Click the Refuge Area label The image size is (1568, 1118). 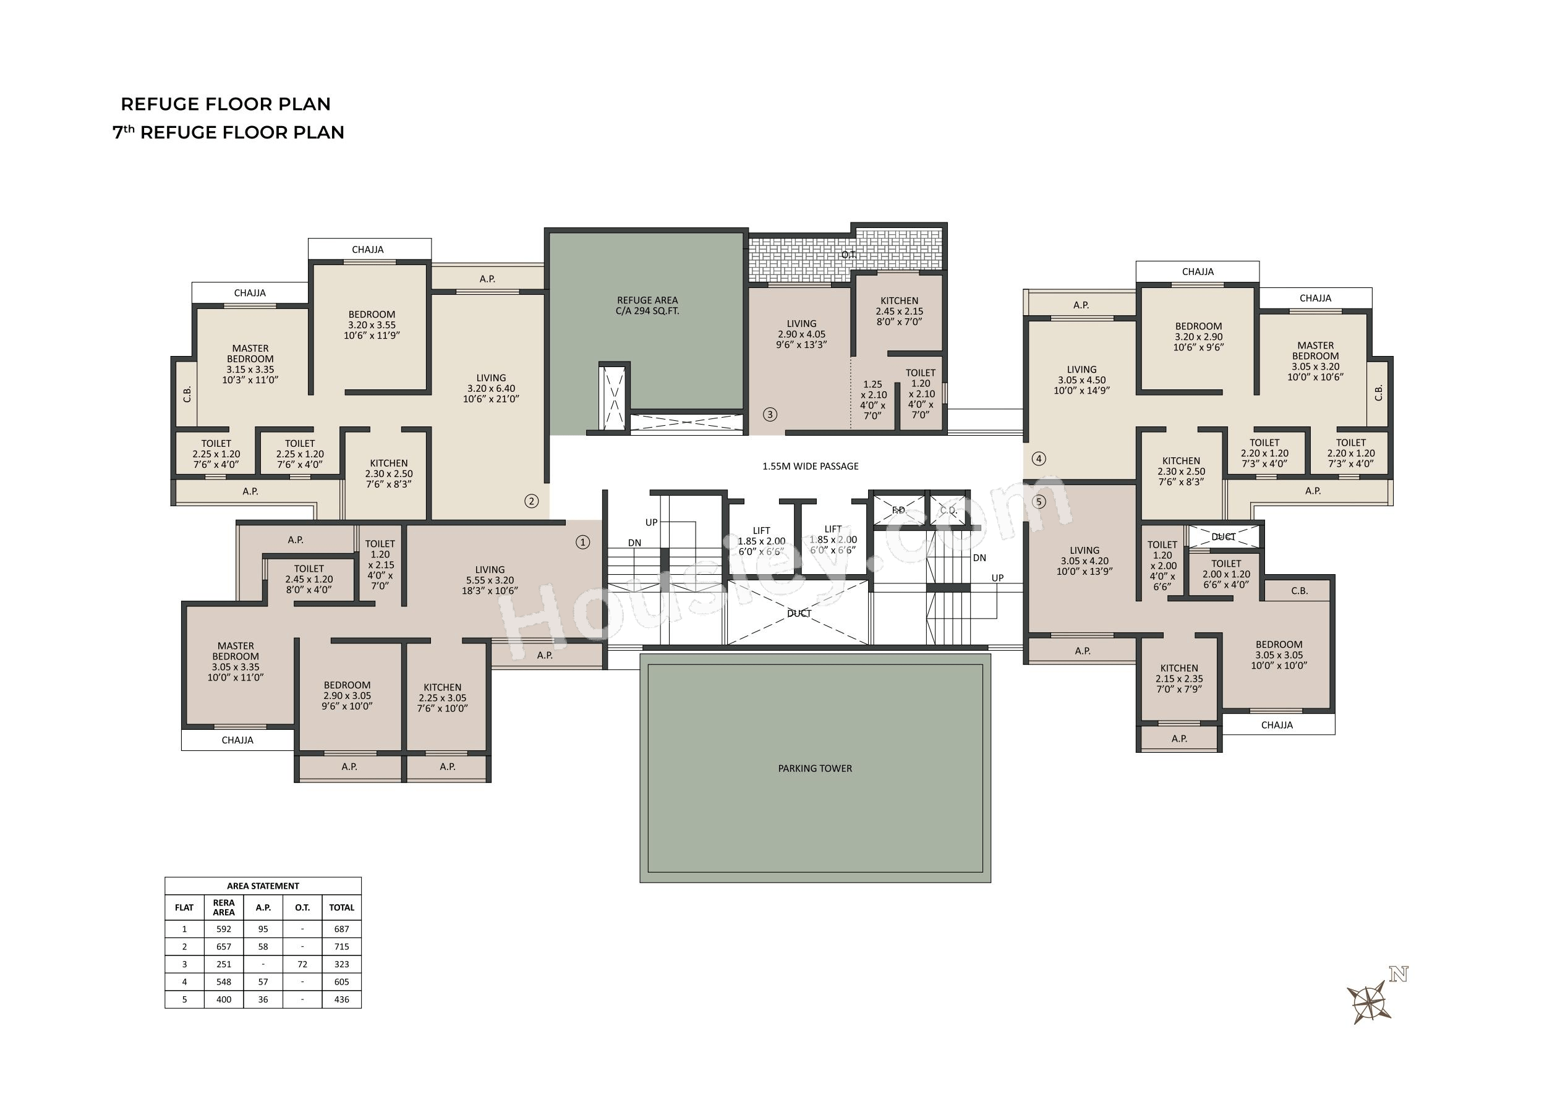click(647, 305)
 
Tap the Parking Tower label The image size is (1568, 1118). click(815, 768)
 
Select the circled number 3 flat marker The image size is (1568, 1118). click(770, 415)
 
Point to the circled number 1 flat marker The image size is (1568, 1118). click(582, 543)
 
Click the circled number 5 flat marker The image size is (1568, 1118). click(1039, 502)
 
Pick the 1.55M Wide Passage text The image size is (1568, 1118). click(810, 466)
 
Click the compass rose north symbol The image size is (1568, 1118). click(1369, 1002)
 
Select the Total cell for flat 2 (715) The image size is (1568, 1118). click(341, 947)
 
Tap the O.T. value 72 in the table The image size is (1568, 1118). click(302, 965)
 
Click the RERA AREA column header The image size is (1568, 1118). click(224, 907)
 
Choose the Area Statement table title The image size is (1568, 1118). click(263, 886)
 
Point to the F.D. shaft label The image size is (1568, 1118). click(898, 510)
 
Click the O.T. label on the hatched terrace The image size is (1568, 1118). click(848, 255)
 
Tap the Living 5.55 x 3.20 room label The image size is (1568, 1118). click(490, 580)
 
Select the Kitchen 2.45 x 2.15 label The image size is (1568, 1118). click(900, 310)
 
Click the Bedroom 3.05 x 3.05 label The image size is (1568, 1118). click(1279, 654)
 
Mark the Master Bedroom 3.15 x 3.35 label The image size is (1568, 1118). click(250, 363)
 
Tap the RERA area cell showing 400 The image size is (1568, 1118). click(224, 999)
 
